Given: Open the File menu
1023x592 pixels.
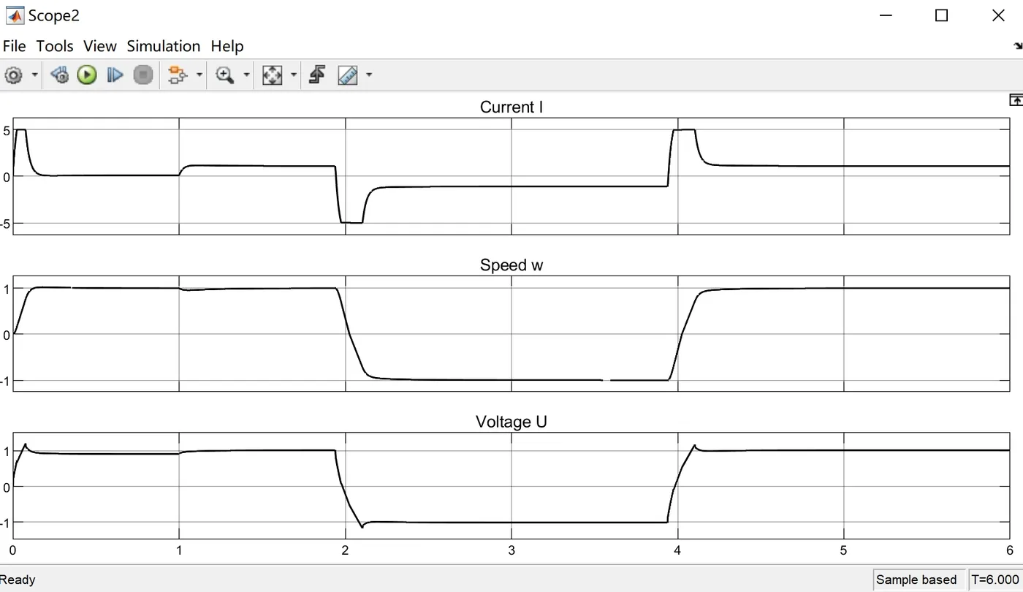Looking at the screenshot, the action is coord(14,46).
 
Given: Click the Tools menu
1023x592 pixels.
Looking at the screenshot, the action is coord(55,46).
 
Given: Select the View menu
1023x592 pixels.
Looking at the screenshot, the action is coord(99,46).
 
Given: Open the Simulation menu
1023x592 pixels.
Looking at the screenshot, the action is coord(163,46).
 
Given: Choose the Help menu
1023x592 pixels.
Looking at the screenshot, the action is coord(227,46).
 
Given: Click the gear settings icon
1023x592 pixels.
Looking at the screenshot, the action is coord(14,75).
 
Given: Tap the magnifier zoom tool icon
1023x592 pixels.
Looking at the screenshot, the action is coord(224,75).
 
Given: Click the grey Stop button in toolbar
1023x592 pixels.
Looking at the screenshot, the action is coord(143,75).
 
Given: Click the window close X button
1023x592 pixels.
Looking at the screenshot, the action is coord(998,15).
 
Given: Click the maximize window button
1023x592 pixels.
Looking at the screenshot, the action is coord(942,15).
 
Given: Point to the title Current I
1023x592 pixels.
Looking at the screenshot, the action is coord(511,107).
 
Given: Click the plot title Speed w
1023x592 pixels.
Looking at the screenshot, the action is coord(511,265).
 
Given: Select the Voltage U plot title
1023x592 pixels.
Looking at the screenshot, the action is coord(511,422).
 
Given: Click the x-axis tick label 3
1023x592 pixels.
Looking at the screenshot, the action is coord(512,550).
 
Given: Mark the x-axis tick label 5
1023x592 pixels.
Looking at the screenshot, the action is coord(843,550).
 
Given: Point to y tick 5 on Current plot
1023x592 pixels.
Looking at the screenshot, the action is coord(6,131).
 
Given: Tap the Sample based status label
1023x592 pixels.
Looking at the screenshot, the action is coord(916,580).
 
